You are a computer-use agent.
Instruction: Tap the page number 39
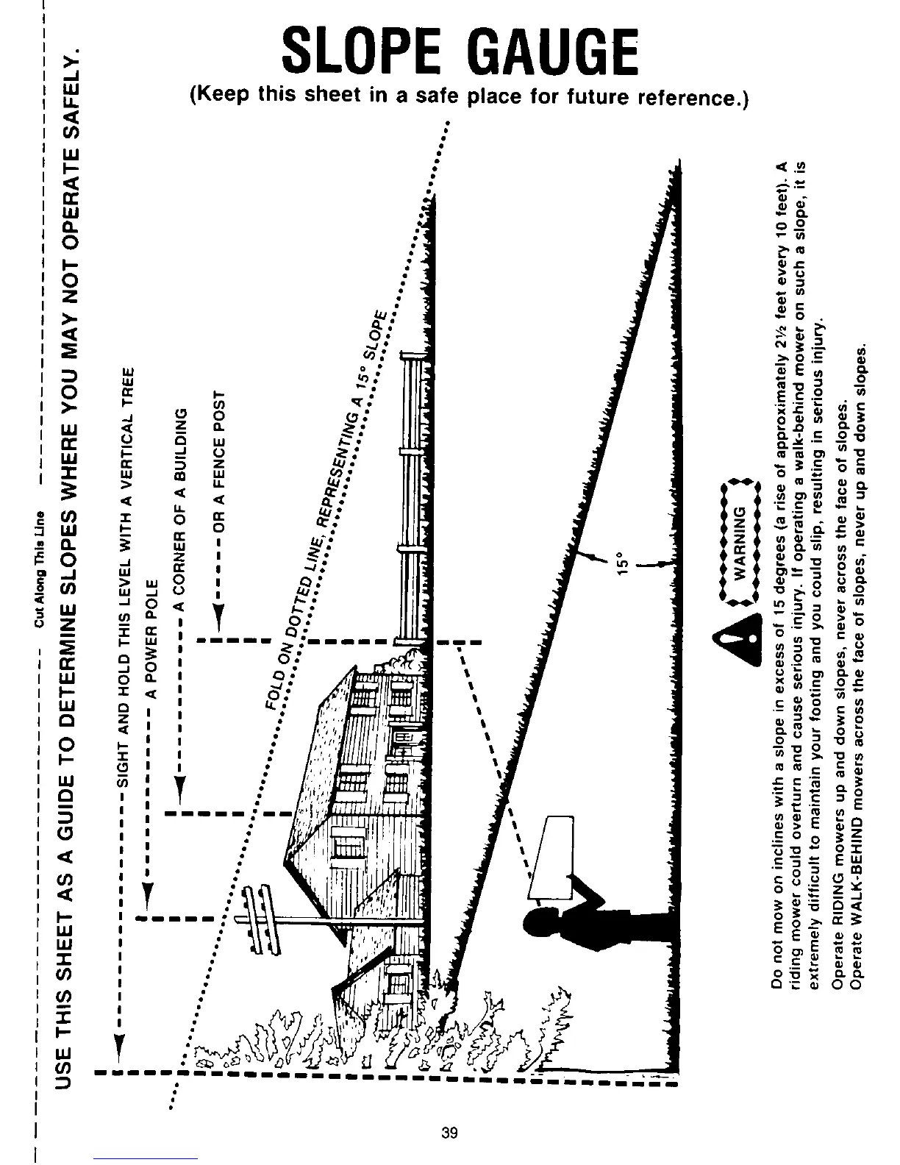[x=449, y=1132]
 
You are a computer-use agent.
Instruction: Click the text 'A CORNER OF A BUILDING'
[x=180, y=507]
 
